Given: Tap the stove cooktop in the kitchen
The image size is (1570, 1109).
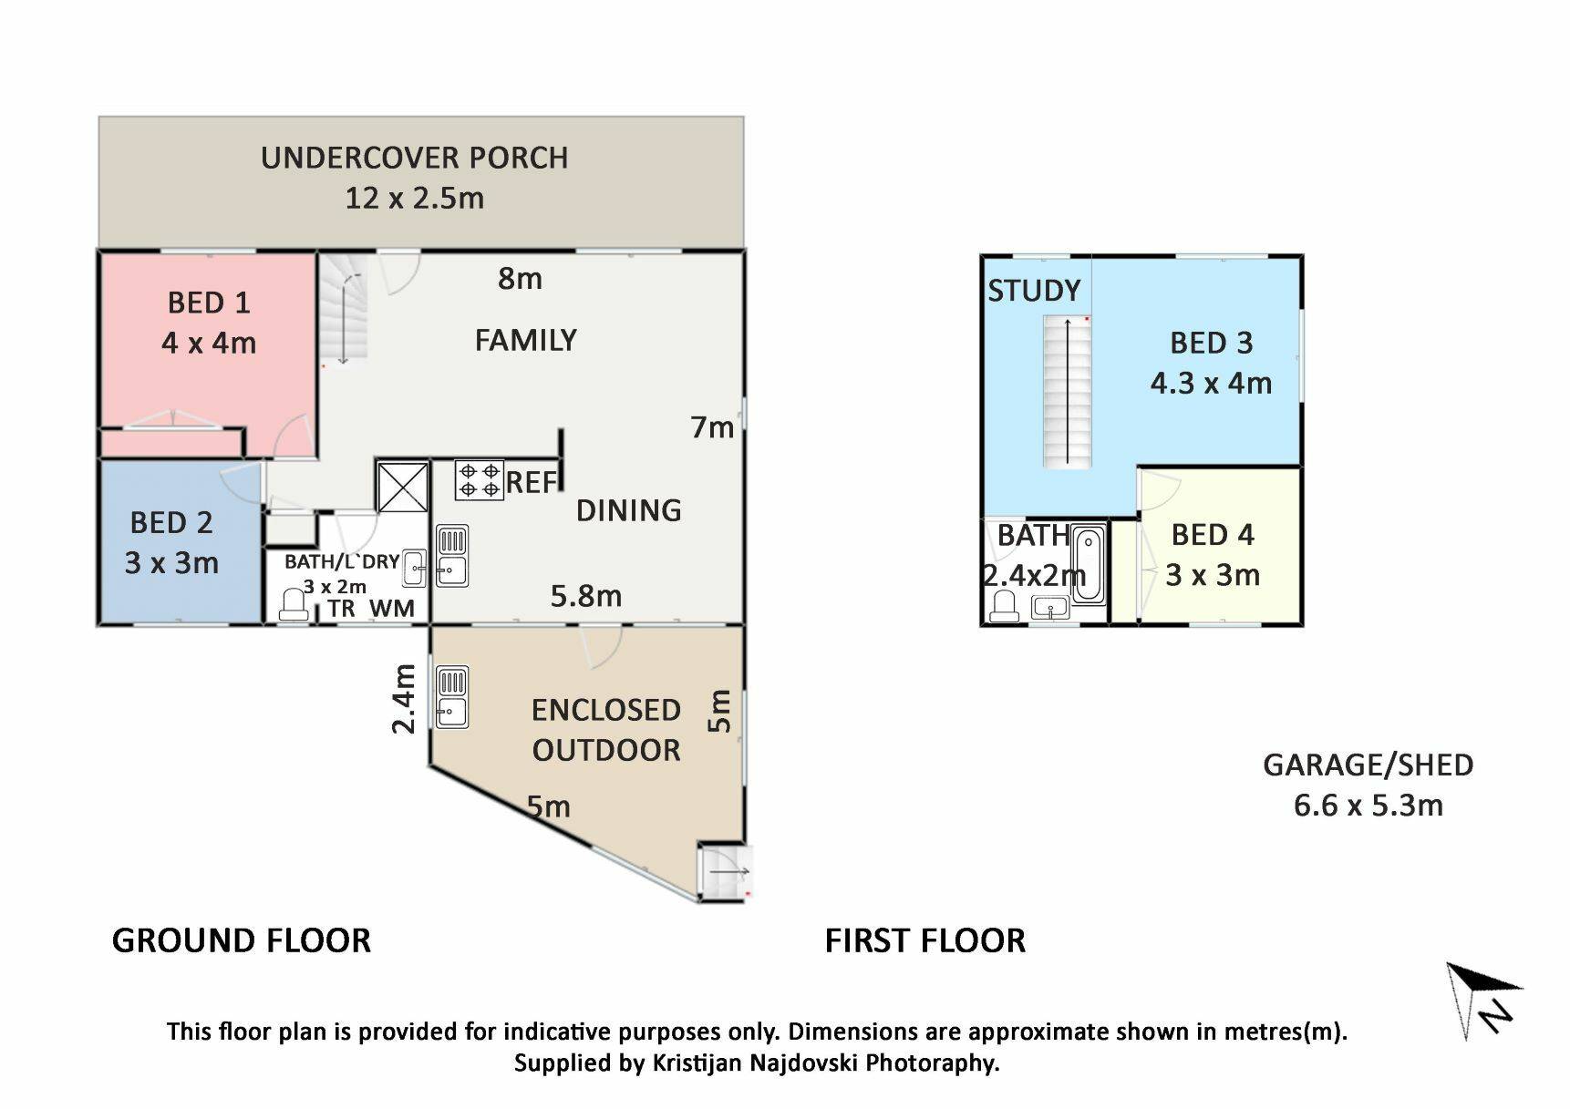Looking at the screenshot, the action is coord(480,480).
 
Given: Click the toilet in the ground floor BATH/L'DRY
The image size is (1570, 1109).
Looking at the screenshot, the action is coord(294,605).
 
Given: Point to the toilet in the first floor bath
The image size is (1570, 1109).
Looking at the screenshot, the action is coord(1005,606).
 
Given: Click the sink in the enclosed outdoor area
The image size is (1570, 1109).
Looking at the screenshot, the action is coord(452,697).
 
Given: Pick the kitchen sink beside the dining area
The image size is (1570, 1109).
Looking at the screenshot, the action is coord(452,555).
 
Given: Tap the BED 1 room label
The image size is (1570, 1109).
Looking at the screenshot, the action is coord(209,303).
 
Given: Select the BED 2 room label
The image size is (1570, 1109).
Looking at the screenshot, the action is coord(171,523).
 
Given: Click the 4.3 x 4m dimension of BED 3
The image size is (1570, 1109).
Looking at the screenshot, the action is coord(1211,383).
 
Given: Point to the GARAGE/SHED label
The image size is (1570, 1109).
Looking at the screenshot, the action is coord(1368,765).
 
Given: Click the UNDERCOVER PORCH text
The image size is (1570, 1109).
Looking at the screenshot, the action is coord(415,158).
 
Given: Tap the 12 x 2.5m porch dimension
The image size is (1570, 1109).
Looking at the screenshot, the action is coord(414,198).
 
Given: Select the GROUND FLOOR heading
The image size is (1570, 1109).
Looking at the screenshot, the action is coord(242,940).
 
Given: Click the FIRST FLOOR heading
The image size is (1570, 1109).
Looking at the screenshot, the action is coord(925,940).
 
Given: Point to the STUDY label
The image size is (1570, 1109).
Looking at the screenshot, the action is coord(1034,291).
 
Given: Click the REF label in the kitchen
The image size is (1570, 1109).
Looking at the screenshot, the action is coord(531,482).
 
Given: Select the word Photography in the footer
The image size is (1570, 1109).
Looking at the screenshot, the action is coord(932,1063).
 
